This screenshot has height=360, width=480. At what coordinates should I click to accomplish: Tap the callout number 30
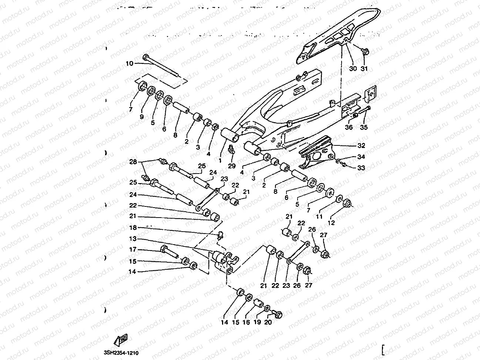pos(353,69)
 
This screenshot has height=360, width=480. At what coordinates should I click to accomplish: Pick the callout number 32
pos(361,145)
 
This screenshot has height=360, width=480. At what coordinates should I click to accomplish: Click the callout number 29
pos(232,166)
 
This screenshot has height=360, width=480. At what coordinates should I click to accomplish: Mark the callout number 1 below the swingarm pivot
pos(220,161)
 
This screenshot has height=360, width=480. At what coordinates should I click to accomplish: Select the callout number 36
pos(349,127)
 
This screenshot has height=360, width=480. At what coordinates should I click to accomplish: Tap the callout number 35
pos(364,127)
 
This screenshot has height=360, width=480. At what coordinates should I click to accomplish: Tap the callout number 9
pos(142,117)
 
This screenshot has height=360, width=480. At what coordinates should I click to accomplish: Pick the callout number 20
pos(268,322)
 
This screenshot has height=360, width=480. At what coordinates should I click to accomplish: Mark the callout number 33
pos(361,168)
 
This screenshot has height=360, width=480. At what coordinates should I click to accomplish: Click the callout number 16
pos(246,322)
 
